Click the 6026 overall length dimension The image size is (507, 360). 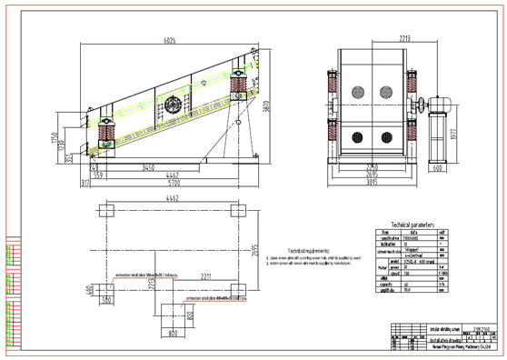(x=169, y=40)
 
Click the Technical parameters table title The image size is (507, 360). (x=412, y=224)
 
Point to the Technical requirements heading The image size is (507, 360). (x=309, y=249)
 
